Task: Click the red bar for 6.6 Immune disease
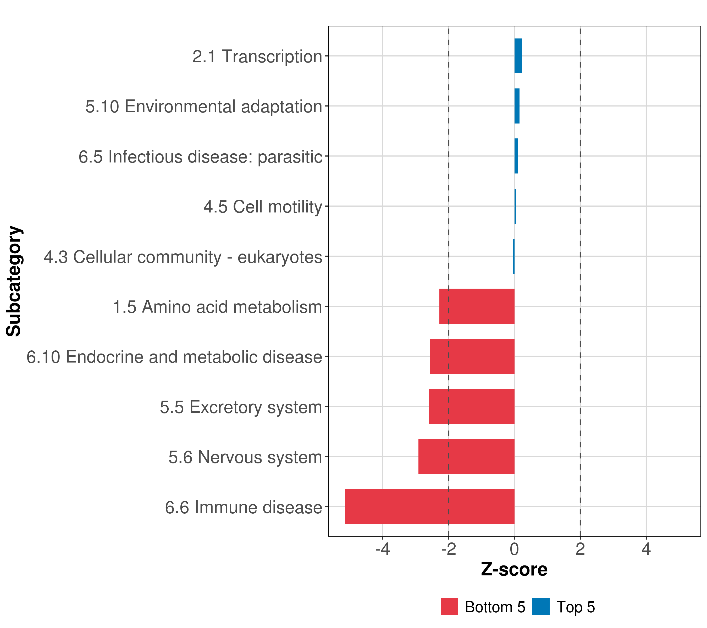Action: point(430,506)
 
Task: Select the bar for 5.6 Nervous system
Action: point(466,456)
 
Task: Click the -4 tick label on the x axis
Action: point(383,549)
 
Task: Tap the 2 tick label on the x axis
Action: point(580,549)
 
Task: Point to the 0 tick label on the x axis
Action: point(514,549)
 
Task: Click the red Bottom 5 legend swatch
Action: point(449,607)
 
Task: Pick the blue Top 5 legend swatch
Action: point(541,607)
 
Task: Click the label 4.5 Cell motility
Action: point(263,207)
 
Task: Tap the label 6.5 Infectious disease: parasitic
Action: point(200,156)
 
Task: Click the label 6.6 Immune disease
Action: point(244,507)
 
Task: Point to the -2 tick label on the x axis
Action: point(448,549)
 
